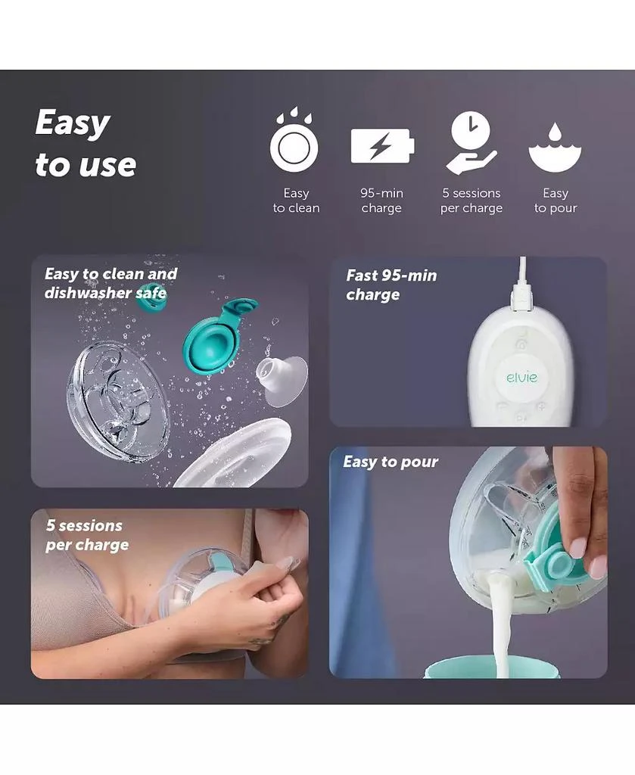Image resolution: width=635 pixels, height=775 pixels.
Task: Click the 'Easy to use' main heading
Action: pos(85,144)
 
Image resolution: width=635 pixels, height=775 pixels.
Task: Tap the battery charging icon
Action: pos(382,146)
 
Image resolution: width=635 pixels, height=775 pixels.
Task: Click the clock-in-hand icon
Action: pos(471,142)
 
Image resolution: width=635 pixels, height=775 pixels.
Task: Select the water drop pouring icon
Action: pos(555,146)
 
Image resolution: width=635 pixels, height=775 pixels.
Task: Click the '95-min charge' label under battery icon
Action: pos(381,201)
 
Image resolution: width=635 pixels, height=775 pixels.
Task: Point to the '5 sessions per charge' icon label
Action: pos(471,201)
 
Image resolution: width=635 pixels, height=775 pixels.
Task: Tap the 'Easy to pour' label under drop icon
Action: pos(555,201)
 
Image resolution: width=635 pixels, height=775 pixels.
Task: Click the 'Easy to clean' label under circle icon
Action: pos(296,201)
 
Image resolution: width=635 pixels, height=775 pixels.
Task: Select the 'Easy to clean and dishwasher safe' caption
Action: pos(111,283)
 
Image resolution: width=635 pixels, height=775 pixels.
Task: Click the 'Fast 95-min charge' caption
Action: pos(391,285)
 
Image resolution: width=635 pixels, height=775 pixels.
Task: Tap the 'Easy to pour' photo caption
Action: pos(391,462)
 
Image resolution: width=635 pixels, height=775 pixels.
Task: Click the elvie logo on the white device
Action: pos(521,376)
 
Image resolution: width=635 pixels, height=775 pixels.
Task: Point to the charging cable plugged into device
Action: pos(521,284)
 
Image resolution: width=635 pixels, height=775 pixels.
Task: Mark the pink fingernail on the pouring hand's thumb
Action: pos(579,546)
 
